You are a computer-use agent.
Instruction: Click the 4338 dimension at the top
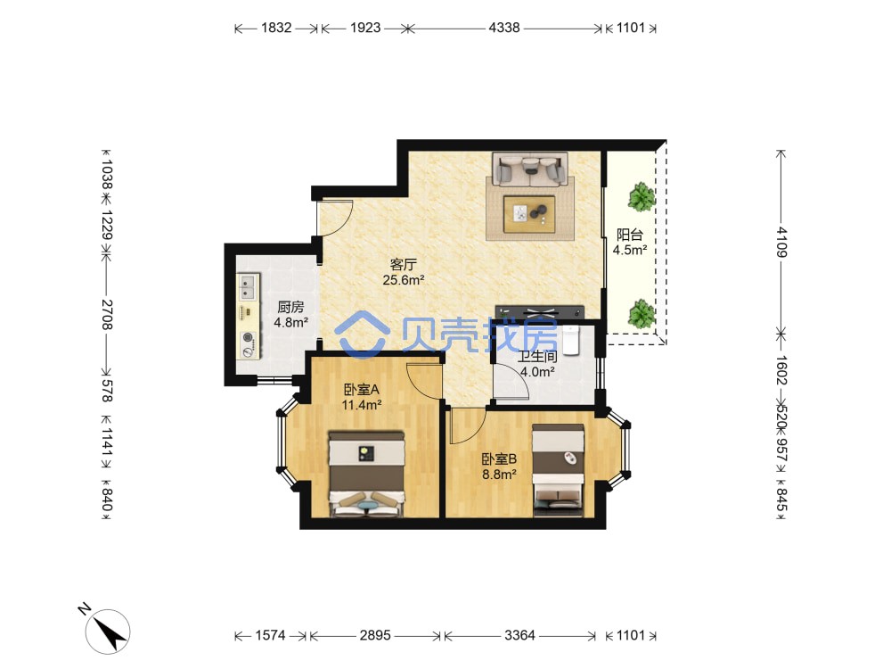pyautogui.click(x=504, y=28)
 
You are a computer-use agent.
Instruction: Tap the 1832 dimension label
pyautogui.click(x=276, y=28)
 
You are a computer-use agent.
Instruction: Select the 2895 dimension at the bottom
pyautogui.click(x=375, y=635)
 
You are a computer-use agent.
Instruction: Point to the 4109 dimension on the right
pyautogui.click(x=782, y=242)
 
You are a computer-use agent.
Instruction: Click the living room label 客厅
pyautogui.click(x=404, y=264)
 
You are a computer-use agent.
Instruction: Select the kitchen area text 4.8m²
pyautogui.click(x=291, y=323)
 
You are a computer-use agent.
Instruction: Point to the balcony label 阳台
pyautogui.click(x=630, y=235)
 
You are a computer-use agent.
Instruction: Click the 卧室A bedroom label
pyautogui.click(x=362, y=390)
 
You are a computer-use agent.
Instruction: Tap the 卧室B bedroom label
pyautogui.click(x=499, y=458)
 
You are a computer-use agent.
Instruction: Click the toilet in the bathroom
pyautogui.click(x=570, y=340)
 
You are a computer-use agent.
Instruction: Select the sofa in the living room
pyautogui.click(x=530, y=169)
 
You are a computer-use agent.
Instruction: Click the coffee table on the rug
pyautogui.click(x=529, y=214)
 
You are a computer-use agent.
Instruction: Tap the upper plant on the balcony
pyautogui.click(x=642, y=197)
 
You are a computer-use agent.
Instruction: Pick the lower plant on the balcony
pyautogui.click(x=642, y=313)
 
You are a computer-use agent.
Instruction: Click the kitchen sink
pyautogui.click(x=248, y=287)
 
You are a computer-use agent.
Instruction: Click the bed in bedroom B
pyautogui.click(x=558, y=470)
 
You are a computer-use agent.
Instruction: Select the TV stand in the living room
pyautogui.click(x=540, y=312)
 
